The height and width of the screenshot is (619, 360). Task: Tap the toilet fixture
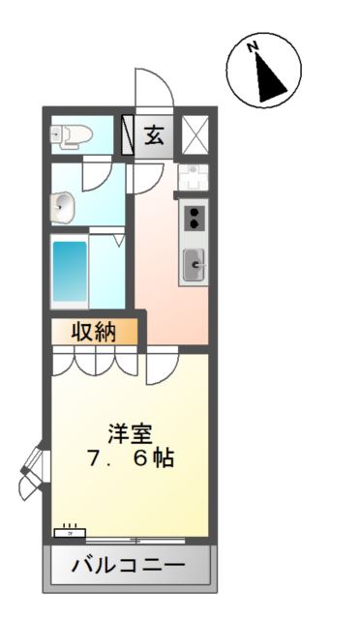[72, 135]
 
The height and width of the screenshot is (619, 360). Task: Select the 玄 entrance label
[155, 133]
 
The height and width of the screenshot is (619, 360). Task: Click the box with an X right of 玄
[195, 134]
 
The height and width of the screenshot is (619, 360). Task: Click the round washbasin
[63, 205]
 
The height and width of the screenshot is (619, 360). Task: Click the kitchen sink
[194, 261]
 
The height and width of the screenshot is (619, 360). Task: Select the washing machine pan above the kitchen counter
[192, 178]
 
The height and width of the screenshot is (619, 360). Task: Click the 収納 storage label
[93, 332]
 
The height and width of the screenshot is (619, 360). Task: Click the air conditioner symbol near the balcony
[70, 530]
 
